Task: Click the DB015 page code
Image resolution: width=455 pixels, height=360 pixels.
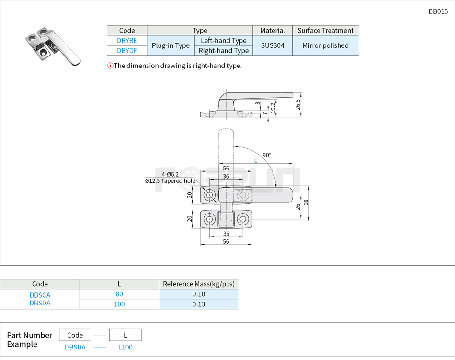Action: pos(438,11)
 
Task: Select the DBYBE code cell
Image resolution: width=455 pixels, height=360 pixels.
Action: pos(127,41)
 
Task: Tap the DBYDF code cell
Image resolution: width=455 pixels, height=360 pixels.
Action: pos(127,50)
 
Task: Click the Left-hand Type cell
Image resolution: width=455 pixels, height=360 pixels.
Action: pos(223,41)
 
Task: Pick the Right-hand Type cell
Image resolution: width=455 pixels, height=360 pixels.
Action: pos(223,51)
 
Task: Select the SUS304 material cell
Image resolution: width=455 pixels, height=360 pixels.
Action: pos(273,45)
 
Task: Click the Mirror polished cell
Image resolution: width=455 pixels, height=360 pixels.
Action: pos(325,45)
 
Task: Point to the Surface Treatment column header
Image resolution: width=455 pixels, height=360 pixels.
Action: pos(325,31)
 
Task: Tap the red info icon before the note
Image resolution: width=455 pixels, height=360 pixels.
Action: pos(110,66)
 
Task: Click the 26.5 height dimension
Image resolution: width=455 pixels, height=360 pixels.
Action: pos(298,104)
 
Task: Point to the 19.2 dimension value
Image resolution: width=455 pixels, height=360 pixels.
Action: pos(273,108)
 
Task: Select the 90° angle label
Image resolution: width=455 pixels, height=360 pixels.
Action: pos(266,155)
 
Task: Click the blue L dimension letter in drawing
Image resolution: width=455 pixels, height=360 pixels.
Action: pos(256,161)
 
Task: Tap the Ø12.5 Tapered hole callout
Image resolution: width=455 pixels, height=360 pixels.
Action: pos(170,181)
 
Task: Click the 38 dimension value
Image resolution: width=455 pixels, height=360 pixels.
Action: pos(306,202)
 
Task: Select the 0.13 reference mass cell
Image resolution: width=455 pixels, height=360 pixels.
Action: pos(199,304)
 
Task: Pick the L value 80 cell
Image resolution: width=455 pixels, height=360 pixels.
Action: pos(119,294)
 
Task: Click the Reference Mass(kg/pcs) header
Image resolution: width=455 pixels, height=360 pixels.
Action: pos(199,284)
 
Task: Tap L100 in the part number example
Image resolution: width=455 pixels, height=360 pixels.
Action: pos(125,347)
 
